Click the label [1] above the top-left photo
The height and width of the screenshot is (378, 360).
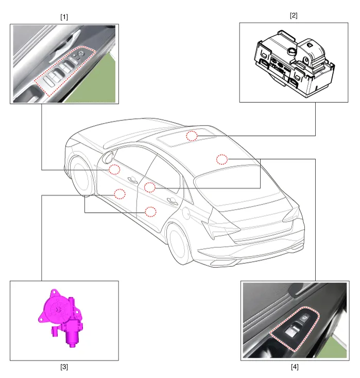click(x=64, y=17)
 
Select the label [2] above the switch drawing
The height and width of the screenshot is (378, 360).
click(x=294, y=15)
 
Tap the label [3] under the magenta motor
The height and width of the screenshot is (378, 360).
click(x=64, y=367)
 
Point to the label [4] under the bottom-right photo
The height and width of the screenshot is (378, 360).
click(x=295, y=367)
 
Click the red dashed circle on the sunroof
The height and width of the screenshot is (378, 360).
click(x=192, y=136)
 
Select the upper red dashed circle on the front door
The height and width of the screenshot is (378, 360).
click(x=114, y=169)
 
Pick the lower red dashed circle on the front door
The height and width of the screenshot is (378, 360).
click(x=119, y=194)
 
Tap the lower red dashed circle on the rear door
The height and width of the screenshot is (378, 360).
click(x=150, y=212)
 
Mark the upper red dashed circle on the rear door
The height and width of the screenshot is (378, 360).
click(x=150, y=187)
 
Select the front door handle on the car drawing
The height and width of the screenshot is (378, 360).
click(x=132, y=179)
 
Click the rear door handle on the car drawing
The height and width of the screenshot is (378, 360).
click(x=173, y=200)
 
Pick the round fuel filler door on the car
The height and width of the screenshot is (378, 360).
click(x=186, y=213)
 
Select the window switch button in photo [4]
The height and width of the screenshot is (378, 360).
click(x=292, y=330)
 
